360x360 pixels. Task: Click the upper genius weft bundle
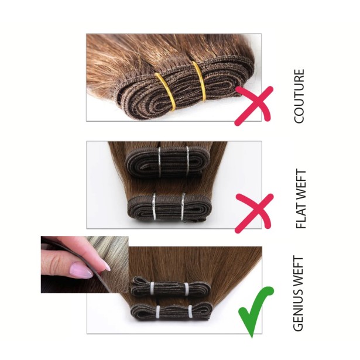click(x=169, y=287)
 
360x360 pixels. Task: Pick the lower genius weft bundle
click(x=170, y=312)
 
